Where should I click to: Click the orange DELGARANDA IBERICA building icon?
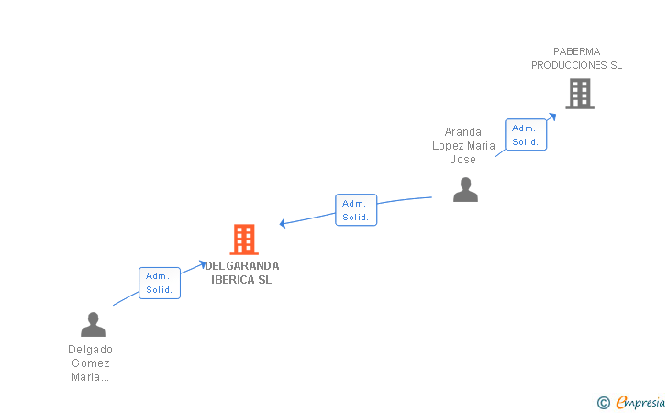pos(244,240)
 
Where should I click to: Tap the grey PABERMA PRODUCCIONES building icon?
pos(580,94)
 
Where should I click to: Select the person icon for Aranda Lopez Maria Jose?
pos(465,190)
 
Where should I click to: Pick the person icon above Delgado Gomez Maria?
pos(93,324)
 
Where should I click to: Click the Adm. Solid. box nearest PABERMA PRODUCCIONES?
pos(526,135)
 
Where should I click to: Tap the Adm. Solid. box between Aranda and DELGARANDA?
pos(356,209)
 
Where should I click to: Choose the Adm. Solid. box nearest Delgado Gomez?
pos(160,283)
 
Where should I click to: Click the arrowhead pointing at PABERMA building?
pos(552,117)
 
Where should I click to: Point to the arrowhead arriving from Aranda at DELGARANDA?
pos(283,223)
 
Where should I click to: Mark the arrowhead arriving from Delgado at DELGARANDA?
pos(203,264)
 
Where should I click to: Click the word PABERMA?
pos(577,51)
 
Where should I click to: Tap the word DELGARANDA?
pos(242,266)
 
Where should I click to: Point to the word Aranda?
pos(463,132)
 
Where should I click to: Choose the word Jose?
pos(463,160)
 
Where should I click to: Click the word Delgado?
pos(90,350)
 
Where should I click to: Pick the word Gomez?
pos(91,363)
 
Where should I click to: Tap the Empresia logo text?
pos(640,402)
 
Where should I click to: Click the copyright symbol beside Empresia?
pos(604,403)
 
